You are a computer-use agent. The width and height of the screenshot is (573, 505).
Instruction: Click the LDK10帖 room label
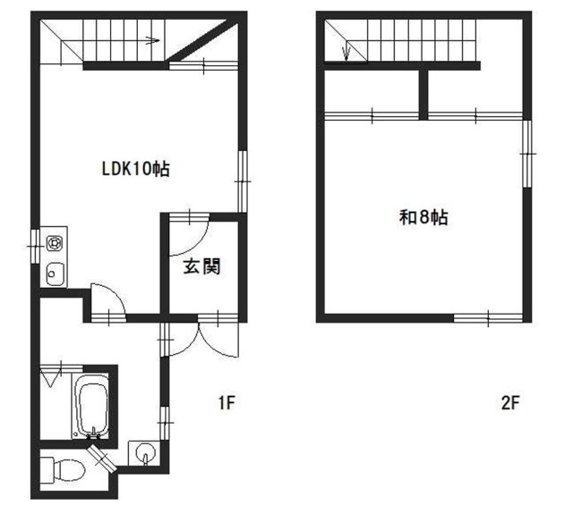135,169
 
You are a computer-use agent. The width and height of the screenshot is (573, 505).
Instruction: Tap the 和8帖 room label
423,218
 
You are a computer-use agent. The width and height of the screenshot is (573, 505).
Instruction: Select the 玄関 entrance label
202,266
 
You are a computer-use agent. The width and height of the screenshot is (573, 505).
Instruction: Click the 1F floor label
227,403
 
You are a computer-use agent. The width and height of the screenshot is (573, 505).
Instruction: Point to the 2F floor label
510,403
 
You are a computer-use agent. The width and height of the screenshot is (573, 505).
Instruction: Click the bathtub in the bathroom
91,406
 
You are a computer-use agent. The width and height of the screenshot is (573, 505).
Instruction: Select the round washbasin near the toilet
145,453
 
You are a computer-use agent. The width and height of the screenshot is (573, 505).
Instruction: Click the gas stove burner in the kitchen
54,243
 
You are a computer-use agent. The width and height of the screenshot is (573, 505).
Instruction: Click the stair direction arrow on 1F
153,40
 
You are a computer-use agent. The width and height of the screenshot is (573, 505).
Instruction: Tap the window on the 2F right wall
526,154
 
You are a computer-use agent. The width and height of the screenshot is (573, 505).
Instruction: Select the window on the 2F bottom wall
488,317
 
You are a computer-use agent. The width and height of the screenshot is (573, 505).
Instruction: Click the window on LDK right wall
243,181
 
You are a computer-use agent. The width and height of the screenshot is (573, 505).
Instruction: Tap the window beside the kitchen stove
34,247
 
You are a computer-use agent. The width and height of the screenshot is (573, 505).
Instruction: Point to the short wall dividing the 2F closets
423,94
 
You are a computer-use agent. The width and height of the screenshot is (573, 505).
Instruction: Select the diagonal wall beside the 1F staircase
203,42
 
